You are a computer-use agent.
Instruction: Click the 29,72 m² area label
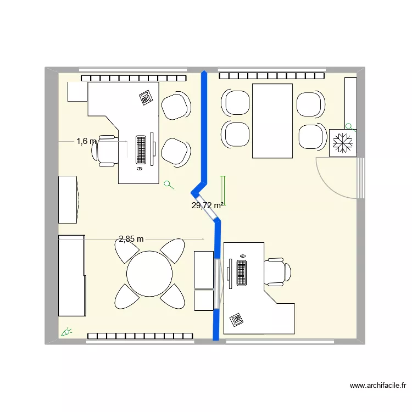point(207,205)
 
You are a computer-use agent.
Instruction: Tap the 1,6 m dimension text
point(86,141)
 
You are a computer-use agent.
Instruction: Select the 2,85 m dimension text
point(131,238)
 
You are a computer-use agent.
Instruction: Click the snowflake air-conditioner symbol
point(343,143)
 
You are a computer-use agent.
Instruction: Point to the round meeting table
point(149,274)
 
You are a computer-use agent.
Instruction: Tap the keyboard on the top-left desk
point(141,149)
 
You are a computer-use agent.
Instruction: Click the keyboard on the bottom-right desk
point(241,272)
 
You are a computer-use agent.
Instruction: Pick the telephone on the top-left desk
point(146,98)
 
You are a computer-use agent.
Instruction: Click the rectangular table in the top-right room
point(272,121)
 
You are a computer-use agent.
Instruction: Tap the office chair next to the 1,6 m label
point(108,149)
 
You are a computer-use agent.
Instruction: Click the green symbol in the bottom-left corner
point(66,331)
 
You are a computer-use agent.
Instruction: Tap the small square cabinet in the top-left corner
point(77,92)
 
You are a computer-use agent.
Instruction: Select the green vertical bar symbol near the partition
point(223,190)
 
